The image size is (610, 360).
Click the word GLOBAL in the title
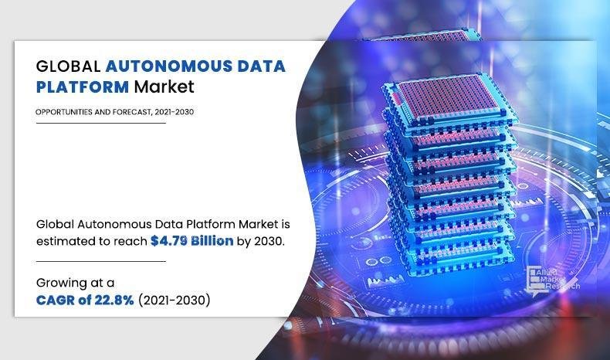69,65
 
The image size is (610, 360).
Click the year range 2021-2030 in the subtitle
174,112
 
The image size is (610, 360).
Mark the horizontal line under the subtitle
100,123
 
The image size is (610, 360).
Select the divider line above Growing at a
100,262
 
